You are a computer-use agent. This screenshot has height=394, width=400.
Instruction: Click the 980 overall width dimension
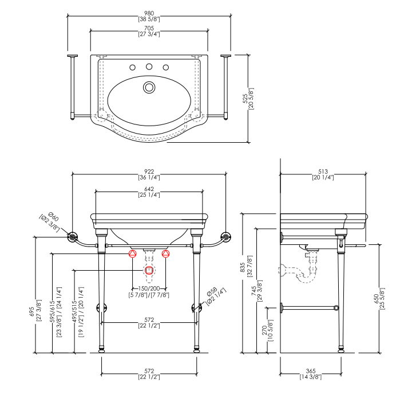(149, 13)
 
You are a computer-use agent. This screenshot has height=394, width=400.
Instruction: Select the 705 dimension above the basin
(149, 28)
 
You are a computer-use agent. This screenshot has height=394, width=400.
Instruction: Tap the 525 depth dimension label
(245, 99)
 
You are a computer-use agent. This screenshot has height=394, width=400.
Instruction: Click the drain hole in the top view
(149, 87)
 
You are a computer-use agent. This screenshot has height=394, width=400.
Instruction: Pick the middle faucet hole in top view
(149, 67)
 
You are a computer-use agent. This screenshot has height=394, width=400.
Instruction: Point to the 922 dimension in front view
(149, 171)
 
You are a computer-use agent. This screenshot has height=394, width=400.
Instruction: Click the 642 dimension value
(149, 189)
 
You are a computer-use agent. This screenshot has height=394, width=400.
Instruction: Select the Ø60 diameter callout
(53, 217)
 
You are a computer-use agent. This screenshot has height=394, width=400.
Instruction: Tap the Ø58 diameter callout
(212, 292)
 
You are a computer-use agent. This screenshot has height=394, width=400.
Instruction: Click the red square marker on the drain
(149, 270)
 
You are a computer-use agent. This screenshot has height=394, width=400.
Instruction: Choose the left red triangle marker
(132, 253)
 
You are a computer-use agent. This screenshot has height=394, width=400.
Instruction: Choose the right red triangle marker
(166, 253)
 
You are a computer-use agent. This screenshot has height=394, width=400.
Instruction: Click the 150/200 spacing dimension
(149, 288)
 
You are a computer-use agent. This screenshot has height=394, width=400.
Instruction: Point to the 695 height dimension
(31, 311)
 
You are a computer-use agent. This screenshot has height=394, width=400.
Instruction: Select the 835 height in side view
(243, 267)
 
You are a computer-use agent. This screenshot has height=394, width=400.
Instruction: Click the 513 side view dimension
(323, 171)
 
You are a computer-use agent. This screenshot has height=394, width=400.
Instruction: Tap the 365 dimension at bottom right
(311, 371)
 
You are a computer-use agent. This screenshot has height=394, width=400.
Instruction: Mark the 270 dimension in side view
(264, 330)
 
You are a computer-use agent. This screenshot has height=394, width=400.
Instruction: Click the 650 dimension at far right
(377, 299)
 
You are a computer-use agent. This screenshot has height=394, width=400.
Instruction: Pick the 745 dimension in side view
(254, 291)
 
